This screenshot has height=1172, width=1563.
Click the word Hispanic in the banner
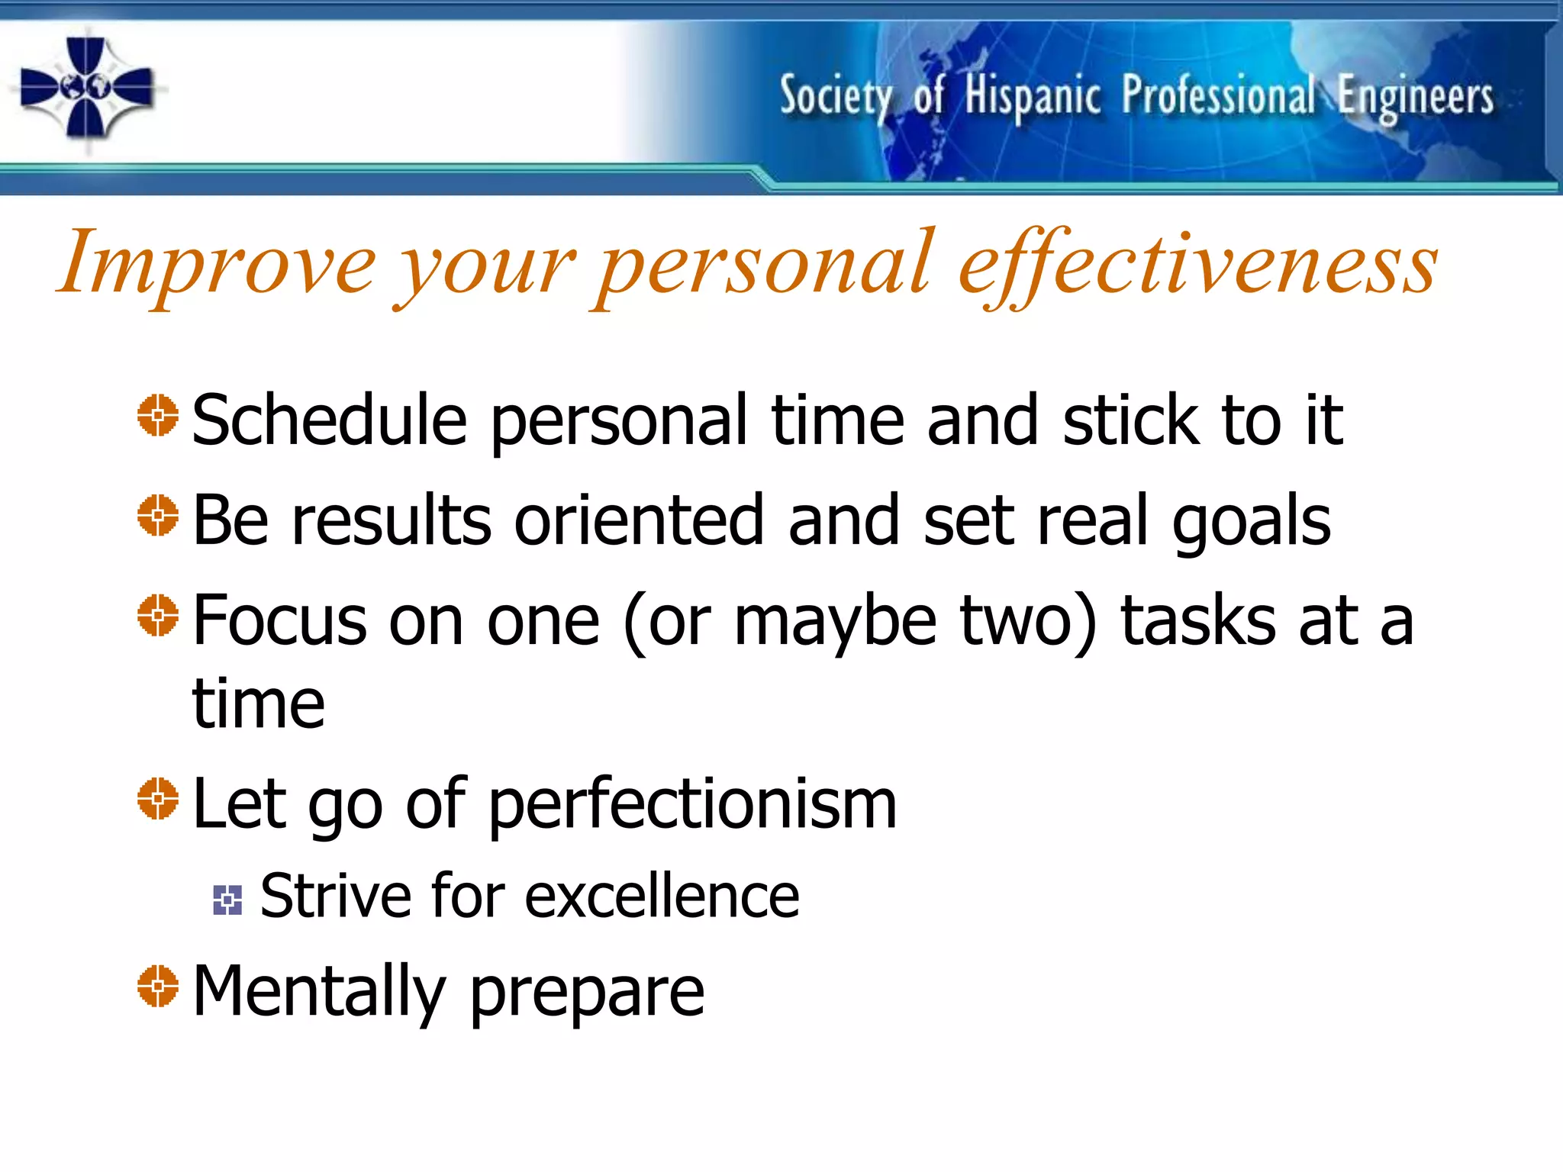[x=1032, y=98]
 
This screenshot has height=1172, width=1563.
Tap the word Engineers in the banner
[x=1416, y=98]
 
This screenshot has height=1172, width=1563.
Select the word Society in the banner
[x=836, y=98]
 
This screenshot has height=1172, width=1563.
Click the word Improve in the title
[x=218, y=263]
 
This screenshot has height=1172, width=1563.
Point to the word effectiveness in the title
[x=1198, y=263]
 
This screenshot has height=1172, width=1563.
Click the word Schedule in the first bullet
[x=329, y=420]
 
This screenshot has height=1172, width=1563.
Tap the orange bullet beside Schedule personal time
[x=158, y=416]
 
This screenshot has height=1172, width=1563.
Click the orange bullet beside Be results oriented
[x=158, y=516]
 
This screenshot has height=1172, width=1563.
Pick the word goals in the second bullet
[x=1252, y=522]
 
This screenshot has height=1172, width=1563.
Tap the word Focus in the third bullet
[x=279, y=620]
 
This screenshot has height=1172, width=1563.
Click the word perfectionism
[x=691, y=806]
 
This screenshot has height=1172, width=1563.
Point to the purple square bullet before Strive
[x=227, y=900]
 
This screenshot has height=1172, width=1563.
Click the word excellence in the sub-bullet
[x=661, y=897]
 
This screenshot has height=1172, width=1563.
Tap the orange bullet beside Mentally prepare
[x=158, y=987]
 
